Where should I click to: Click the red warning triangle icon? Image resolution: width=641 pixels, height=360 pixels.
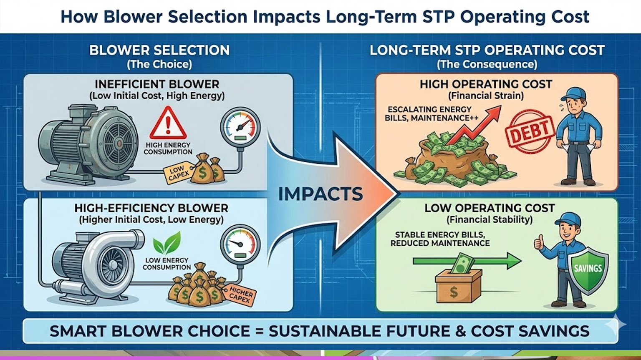pyautogui.click(x=168, y=123)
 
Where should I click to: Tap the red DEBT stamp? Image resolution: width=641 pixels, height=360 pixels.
pyautogui.click(x=530, y=131)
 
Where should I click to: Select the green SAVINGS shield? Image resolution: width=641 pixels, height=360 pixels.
pyautogui.click(x=588, y=269)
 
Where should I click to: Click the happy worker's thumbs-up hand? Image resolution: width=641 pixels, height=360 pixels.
pyautogui.click(x=539, y=242)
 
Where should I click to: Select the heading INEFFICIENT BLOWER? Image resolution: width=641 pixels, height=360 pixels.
pyautogui.click(x=157, y=84)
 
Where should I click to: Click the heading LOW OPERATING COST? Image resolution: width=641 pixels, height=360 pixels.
pyautogui.click(x=490, y=208)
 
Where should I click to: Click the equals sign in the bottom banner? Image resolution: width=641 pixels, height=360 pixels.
pyautogui.click(x=259, y=331)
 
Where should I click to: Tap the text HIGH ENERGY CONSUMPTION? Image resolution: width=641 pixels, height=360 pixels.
pyautogui.click(x=168, y=149)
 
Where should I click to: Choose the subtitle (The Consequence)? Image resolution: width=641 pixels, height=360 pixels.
pyautogui.click(x=487, y=64)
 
